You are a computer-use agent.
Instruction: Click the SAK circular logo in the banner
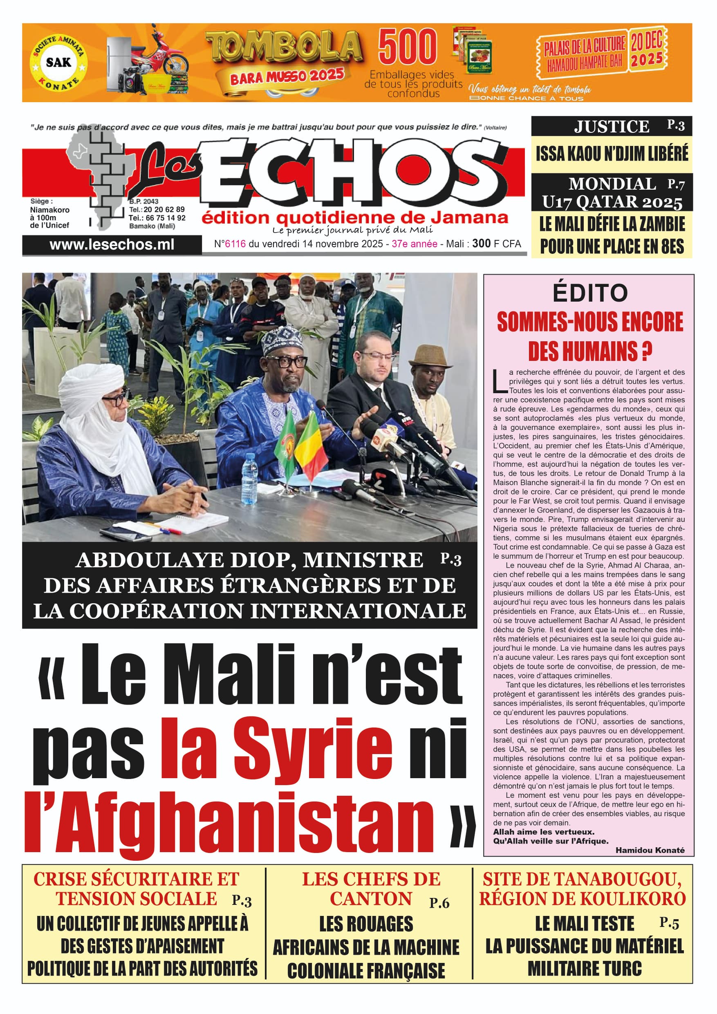pos(58,62)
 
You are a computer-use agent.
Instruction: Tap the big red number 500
pos(407,47)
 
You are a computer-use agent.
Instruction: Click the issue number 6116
pos(235,244)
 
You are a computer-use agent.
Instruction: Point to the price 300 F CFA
pos(496,243)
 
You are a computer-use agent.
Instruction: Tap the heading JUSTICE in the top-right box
pos(612,127)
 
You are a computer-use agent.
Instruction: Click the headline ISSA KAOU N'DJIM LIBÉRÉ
pos(612,154)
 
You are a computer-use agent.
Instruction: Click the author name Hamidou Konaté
pos(650,850)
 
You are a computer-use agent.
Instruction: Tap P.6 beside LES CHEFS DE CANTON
pos(439,903)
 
